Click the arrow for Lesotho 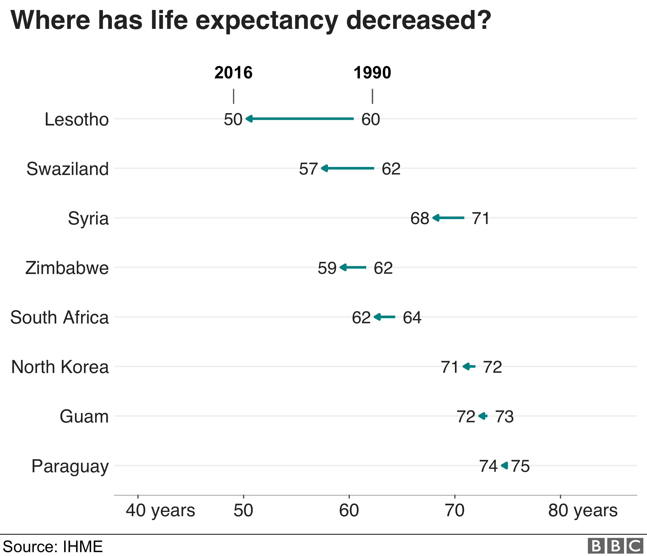click(300, 119)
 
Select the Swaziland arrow click(348, 168)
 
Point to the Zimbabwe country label click(67, 268)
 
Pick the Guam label click(84, 416)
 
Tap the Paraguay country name click(70, 466)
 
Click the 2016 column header click(233, 73)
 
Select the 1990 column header click(372, 73)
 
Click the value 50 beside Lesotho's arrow click(233, 119)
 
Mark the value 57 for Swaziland click(308, 169)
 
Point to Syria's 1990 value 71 click(481, 218)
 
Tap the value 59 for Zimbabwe click(327, 268)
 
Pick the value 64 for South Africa click(412, 317)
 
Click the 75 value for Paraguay click(521, 466)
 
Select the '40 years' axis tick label click(160, 511)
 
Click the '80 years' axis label click(583, 511)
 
